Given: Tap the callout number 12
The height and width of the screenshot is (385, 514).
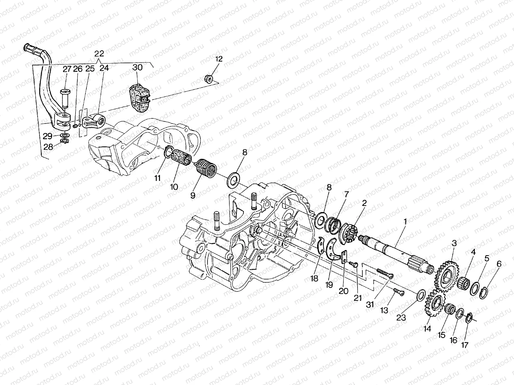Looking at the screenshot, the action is (219, 59).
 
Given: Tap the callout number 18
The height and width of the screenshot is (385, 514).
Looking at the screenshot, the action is (314, 278).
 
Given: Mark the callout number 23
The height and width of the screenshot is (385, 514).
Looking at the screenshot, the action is (401, 317).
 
